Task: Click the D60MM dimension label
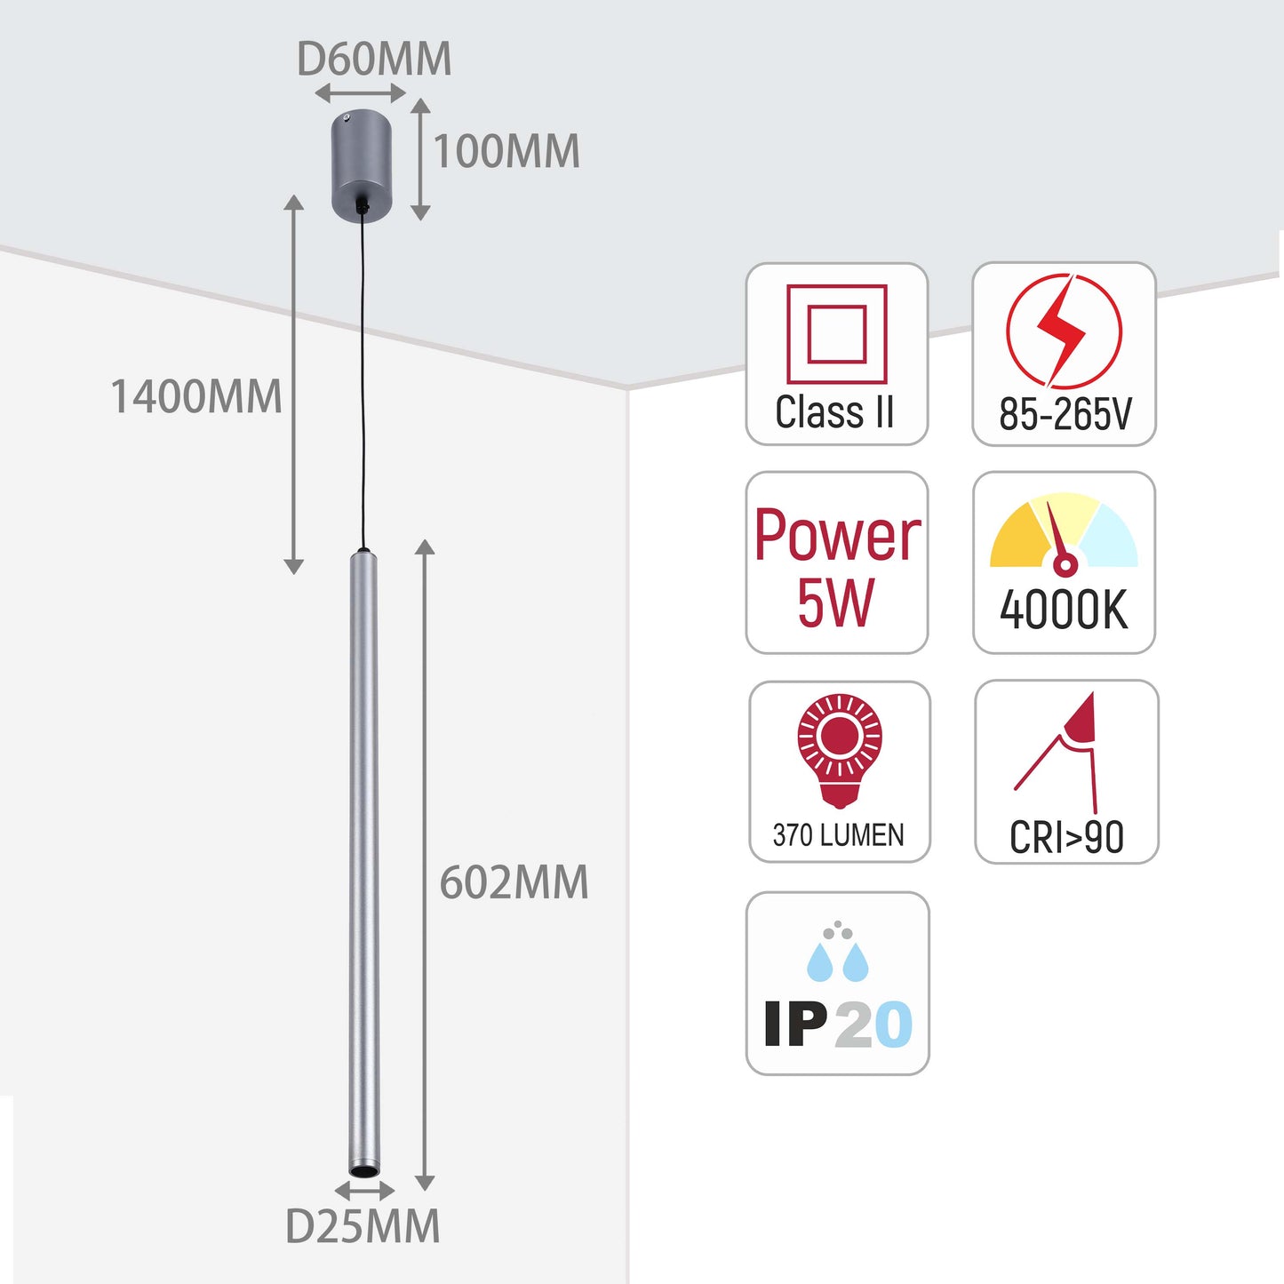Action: pyautogui.click(x=374, y=60)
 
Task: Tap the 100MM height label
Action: pyautogui.click(x=506, y=151)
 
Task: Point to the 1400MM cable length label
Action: pyautogui.click(x=196, y=396)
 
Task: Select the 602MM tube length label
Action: pyautogui.click(x=514, y=882)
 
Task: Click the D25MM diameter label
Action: pyautogui.click(x=363, y=1227)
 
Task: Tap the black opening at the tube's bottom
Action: pyautogui.click(x=363, y=1173)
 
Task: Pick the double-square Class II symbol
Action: pyautogui.click(x=837, y=334)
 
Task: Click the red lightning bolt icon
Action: pyautogui.click(x=1064, y=330)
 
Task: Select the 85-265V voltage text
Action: pyautogui.click(x=1065, y=414)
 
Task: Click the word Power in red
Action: pyautogui.click(x=837, y=536)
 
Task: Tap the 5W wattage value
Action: pyautogui.click(x=835, y=603)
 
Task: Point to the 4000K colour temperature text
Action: pyautogui.click(x=1064, y=610)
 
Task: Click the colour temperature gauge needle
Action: pyautogui.click(x=1057, y=538)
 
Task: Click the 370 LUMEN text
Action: pyautogui.click(x=838, y=835)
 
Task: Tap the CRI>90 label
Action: pyautogui.click(x=1066, y=837)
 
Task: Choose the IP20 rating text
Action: pyautogui.click(x=838, y=1025)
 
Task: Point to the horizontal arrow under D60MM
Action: pyautogui.click(x=361, y=93)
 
